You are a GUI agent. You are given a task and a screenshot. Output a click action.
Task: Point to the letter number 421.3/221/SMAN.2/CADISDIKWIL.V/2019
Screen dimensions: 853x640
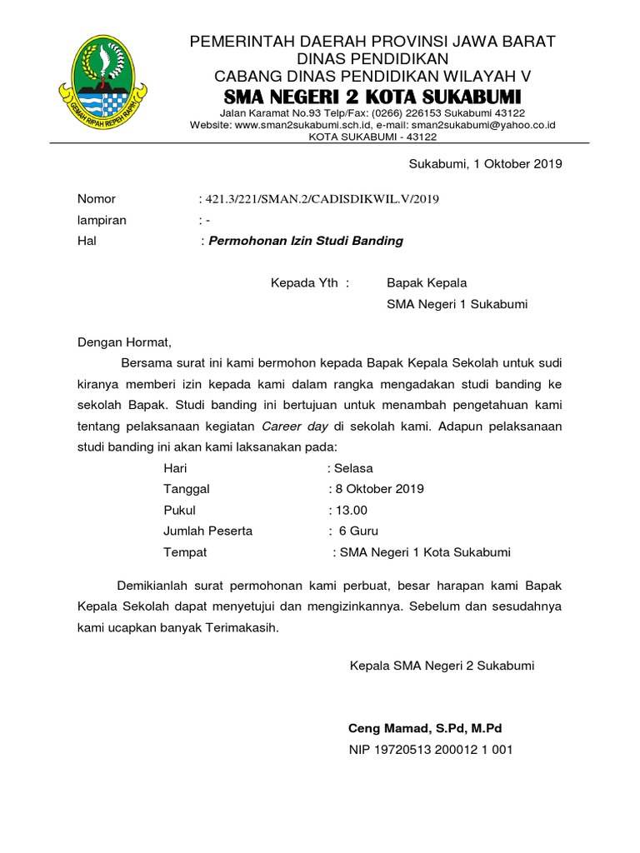(319, 199)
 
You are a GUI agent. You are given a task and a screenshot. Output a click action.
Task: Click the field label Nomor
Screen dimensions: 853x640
(97, 199)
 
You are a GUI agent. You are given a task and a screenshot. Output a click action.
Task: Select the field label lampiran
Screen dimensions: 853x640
(102, 220)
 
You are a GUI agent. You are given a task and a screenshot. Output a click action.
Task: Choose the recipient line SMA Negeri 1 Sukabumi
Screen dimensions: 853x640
(457, 304)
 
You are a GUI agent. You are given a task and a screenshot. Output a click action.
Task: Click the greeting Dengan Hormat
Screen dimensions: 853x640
(124, 342)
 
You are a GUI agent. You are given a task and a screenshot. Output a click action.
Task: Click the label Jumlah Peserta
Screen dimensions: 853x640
(208, 531)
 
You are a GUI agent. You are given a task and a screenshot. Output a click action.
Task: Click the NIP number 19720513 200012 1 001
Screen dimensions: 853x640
(431, 749)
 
